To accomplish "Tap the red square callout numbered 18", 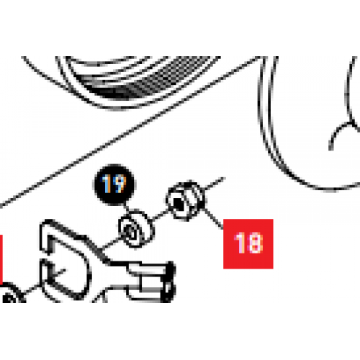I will (x=247, y=241).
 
